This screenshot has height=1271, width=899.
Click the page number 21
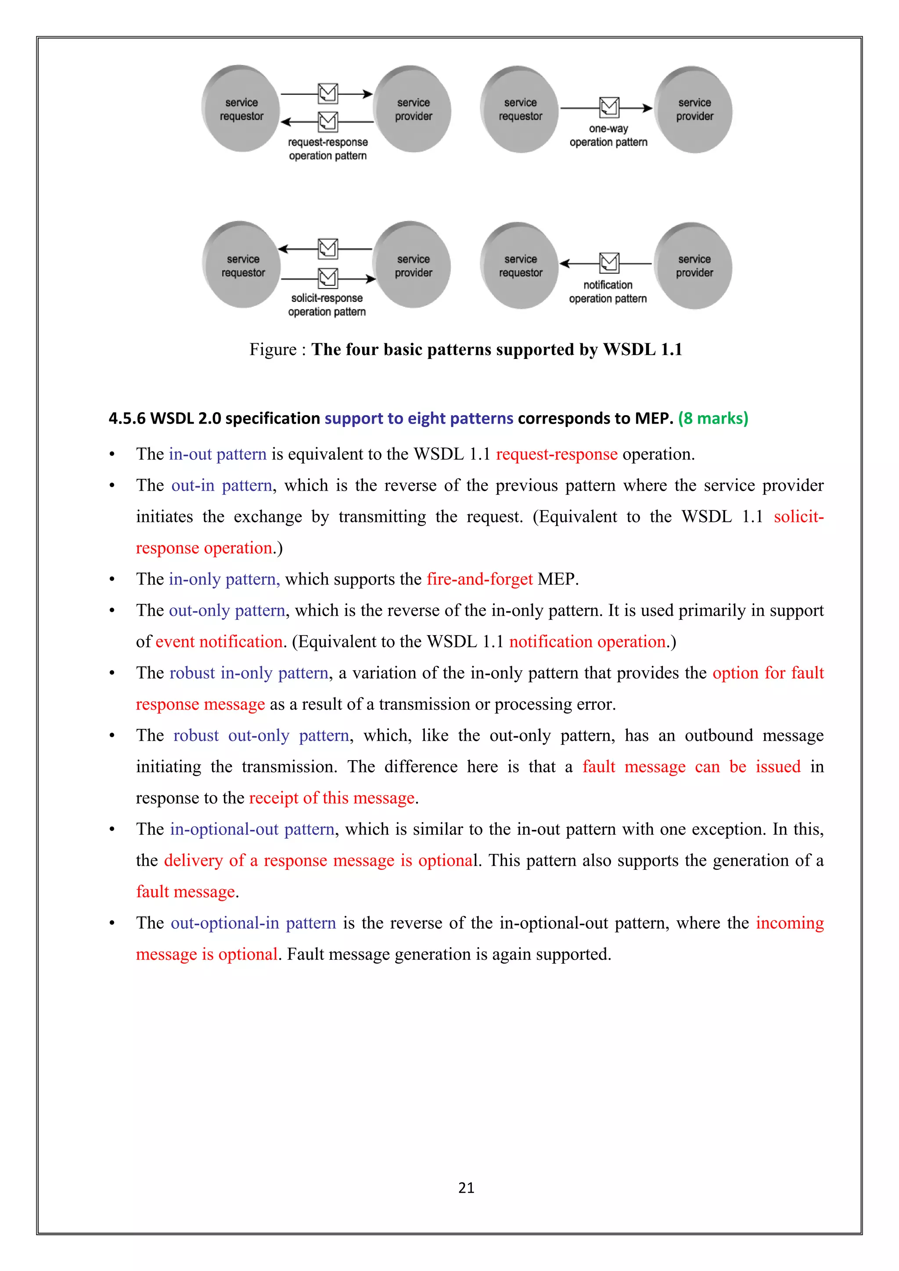(x=466, y=1188)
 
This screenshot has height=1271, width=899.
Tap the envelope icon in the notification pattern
(x=609, y=263)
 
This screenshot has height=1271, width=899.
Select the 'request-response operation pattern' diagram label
(x=328, y=149)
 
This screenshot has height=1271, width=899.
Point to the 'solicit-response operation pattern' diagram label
(x=327, y=305)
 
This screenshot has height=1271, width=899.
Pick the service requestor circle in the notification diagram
(x=520, y=266)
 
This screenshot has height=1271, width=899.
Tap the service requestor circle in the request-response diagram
(x=241, y=109)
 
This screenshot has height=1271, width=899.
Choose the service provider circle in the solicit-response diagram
(x=413, y=266)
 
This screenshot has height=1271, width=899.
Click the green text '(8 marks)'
(x=713, y=418)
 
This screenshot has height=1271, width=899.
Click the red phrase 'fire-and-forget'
(x=479, y=579)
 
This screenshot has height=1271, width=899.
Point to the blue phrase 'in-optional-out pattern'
(x=252, y=829)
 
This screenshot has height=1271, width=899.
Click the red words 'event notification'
(x=219, y=642)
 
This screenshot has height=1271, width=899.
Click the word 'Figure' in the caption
(x=273, y=349)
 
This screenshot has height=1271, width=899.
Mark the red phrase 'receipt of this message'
(x=331, y=798)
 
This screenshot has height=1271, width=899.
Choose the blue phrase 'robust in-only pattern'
(x=249, y=673)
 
